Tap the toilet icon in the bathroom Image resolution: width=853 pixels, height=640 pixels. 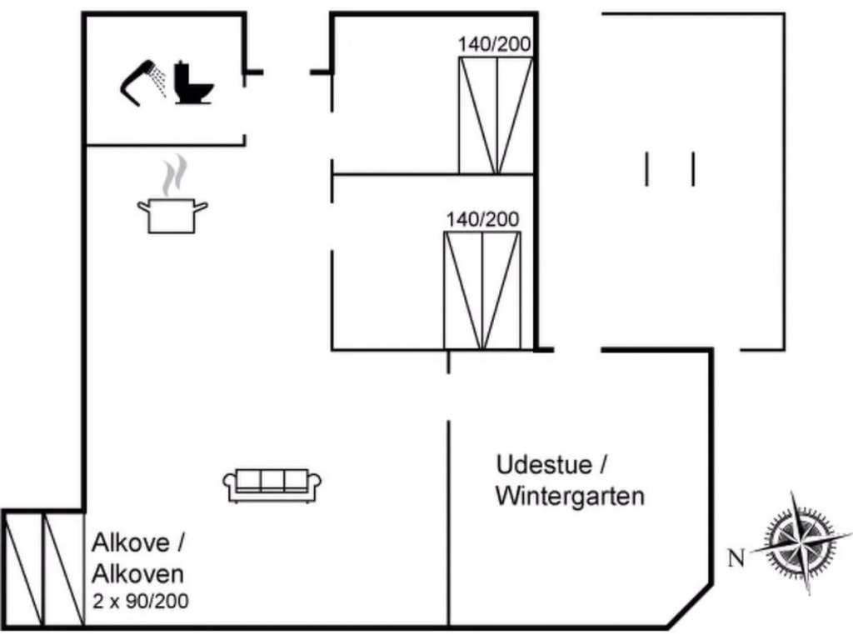tap(193, 83)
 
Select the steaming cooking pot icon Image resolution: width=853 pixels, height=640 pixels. tap(172, 215)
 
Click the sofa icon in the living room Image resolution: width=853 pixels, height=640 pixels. tap(272, 484)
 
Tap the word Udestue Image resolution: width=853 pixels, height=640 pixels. tap(546, 464)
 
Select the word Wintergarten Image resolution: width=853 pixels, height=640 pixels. tap(570, 497)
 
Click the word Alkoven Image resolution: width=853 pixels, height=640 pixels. tap(137, 573)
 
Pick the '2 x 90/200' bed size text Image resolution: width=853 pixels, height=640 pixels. tap(140, 600)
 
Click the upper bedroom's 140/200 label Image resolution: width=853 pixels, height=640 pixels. tap(495, 44)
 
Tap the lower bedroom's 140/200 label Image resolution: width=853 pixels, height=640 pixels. tap(482, 219)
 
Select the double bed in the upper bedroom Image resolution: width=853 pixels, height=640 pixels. tap(496, 117)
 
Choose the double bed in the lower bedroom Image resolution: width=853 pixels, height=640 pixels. tap(482, 290)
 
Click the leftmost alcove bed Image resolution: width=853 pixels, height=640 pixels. tap(22, 569)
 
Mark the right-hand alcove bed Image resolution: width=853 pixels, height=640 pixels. tap(63, 569)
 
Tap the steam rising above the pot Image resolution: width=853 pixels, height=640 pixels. tap(173, 177)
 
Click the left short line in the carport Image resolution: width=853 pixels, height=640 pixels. tap(647, 168)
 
